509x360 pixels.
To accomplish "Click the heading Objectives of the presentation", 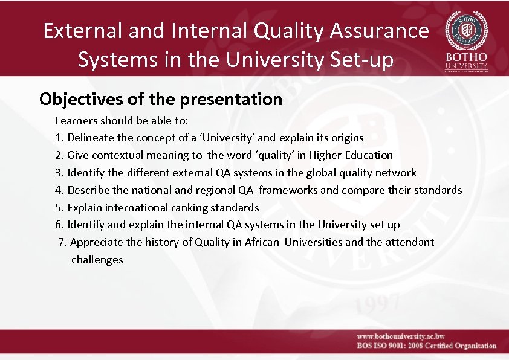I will [x=161, y=99].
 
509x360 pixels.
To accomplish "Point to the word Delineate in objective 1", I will [x=92, y=138].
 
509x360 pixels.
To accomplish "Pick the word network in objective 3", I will [x=396, y=173].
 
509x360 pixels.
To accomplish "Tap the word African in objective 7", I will [x=261, y=242].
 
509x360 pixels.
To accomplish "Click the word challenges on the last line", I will [x=97, y=260].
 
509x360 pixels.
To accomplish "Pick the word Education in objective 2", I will [x=369, y=155].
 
